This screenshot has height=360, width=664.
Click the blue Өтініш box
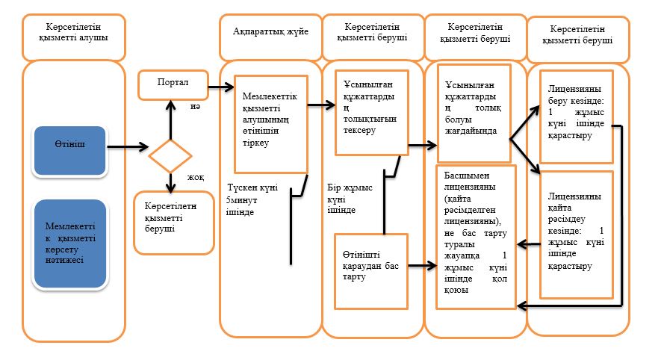(x=69, y=151)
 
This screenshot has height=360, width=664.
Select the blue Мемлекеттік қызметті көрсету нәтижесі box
(x=70, y=244)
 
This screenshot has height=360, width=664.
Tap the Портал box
(x=173, y=85)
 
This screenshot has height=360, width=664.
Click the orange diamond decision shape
(x=170, y=156)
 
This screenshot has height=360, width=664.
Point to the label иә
(x=195, y=106)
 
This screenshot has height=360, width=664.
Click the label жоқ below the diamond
(x=196, y=177)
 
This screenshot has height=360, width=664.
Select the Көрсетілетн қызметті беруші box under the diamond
(x=173, y=223)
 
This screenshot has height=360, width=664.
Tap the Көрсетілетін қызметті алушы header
(x=74, y=37)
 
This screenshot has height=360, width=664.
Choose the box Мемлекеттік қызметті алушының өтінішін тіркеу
(x=271, y=125)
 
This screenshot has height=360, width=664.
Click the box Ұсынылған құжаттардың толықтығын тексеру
(x=372, y=113)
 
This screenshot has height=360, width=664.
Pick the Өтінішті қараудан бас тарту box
(x=371, y=271)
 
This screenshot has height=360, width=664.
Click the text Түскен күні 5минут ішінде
(x=252, y=199)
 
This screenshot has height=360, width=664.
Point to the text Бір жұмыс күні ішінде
(x=350, y=199)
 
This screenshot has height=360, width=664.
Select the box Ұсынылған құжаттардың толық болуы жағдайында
(x=474, y=114)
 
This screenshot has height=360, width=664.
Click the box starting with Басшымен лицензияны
(x=476, y=238)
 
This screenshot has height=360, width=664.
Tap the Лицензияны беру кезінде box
(x=577, y=117)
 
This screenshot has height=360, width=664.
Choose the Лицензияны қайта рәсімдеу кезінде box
(x=577, y=235)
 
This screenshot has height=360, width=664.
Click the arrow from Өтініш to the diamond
(x=128, y=147)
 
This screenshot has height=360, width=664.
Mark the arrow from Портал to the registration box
(x=221, y=87)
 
